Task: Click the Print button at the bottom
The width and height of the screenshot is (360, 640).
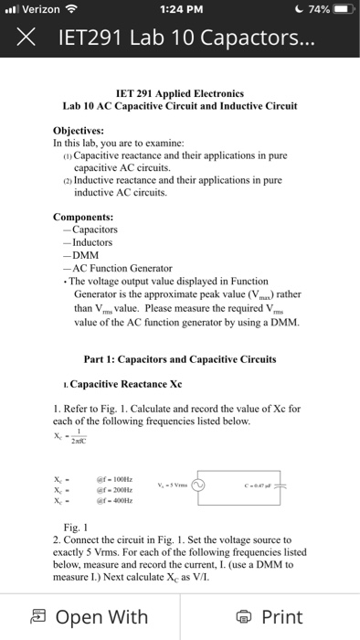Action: click(x=270, y=617)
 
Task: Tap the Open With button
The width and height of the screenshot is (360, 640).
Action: click(x=89, y=617)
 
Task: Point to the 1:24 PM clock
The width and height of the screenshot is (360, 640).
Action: click(x=179, y=10)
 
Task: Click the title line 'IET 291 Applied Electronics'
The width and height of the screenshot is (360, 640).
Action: click(x=180, y=93)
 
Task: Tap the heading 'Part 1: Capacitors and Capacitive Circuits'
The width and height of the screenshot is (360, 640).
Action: click(x=179, y=359)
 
